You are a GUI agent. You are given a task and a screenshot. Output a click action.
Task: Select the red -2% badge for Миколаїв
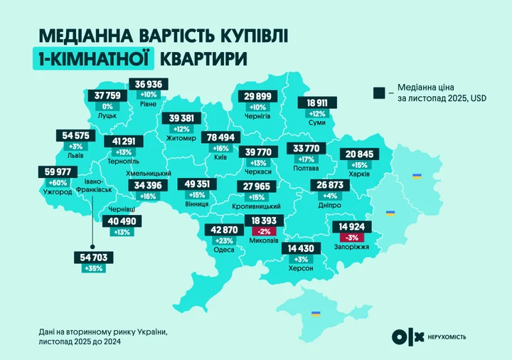coord(265,232)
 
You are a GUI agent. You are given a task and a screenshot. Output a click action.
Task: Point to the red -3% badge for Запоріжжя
coord(352,238)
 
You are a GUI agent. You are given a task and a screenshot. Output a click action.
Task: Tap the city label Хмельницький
coord(150,174)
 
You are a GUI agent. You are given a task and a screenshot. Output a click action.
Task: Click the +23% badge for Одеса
coord(222,240)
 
